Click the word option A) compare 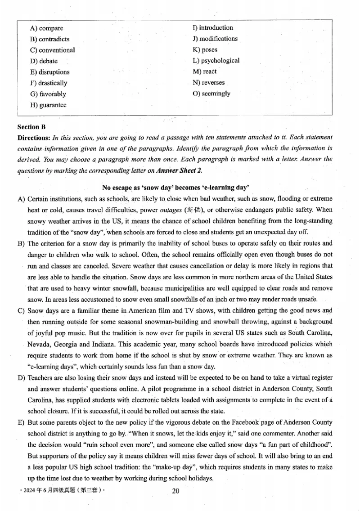(47, 28)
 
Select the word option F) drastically (49, 83)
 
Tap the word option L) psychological (216, 60)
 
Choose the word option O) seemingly (211, 94)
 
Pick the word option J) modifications (215, 39)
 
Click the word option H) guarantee (48, 105)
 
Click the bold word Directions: (34, 137)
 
